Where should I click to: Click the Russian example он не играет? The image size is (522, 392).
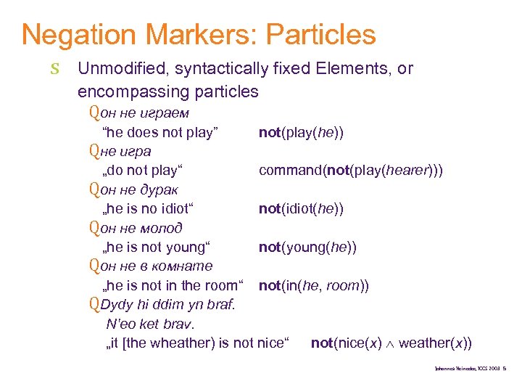144,113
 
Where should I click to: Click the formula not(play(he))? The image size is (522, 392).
301,132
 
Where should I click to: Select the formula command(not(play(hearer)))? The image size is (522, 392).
351,171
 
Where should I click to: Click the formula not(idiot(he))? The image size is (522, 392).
301,209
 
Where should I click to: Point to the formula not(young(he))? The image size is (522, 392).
307,248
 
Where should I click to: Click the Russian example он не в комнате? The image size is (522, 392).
156,266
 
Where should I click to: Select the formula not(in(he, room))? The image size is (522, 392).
314,286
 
